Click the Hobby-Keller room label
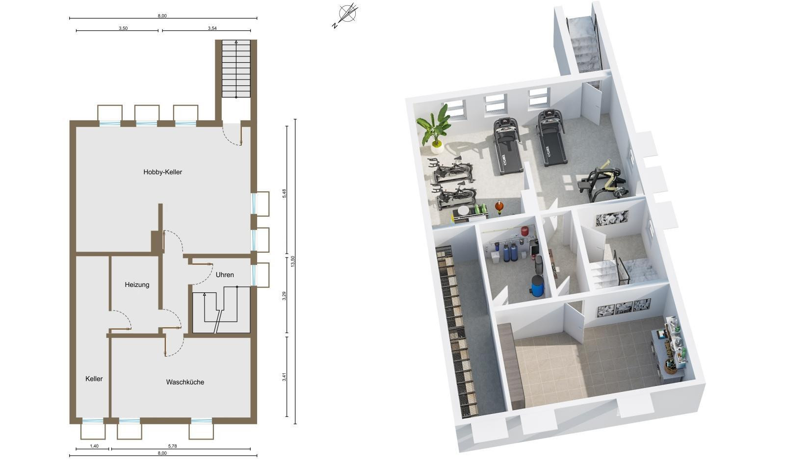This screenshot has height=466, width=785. click(x=162, y=172)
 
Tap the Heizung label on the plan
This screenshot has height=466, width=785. click(x=137, y=285)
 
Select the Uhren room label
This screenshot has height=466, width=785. click(x=225, y=275)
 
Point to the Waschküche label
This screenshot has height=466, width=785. click(x=185, y=382)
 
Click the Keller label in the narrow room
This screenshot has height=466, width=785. click(x=94, y=379)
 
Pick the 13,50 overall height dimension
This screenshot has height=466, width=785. click(x=293, y=261)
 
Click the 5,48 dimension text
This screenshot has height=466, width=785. click(x=284, y=193)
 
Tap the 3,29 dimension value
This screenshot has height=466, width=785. click(x=284, y=296)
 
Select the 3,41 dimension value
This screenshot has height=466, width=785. click(x=284, y=377)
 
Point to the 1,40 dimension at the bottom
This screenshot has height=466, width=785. click(x=94, y=446)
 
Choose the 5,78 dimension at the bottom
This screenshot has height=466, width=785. click(x=172, y=446)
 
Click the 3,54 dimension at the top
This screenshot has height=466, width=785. click(x=212, y=28)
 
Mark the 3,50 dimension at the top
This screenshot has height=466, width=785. click(x=123, y=28)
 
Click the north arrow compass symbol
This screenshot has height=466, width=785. click(x=346, y=15)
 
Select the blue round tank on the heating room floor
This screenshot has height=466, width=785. click(x=537, y=285)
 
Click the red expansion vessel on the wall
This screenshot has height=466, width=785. click(x=524, y=231)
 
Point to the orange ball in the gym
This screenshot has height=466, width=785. click(x=499, y=206)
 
